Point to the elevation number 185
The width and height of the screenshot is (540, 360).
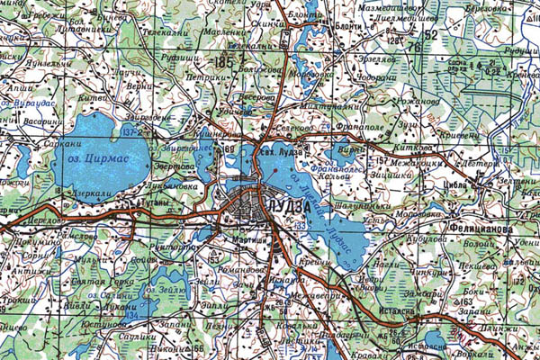(223, 60)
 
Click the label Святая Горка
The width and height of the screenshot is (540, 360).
(101, 283)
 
